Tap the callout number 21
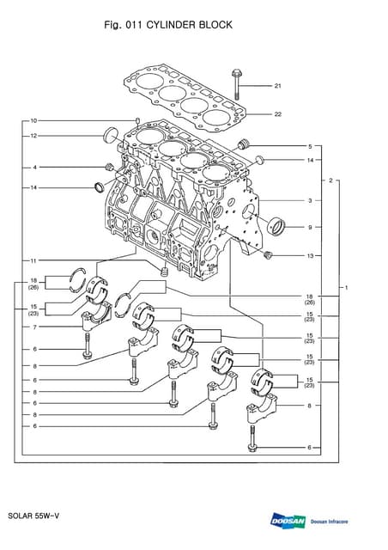[278, 86]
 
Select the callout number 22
[278, 114]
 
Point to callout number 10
[33, 120]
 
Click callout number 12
[33, 136]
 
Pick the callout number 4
[34, 167]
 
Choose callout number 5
[310, 146]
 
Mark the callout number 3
[310, 200]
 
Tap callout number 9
[310, 228]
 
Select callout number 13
[310, 255]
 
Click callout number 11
[33, 260]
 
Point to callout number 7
[34, 327]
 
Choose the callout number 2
[330, 181]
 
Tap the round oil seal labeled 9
[276, 228]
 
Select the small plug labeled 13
[268, 254]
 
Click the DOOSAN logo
[288, 521]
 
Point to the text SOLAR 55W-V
[33, 516]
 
